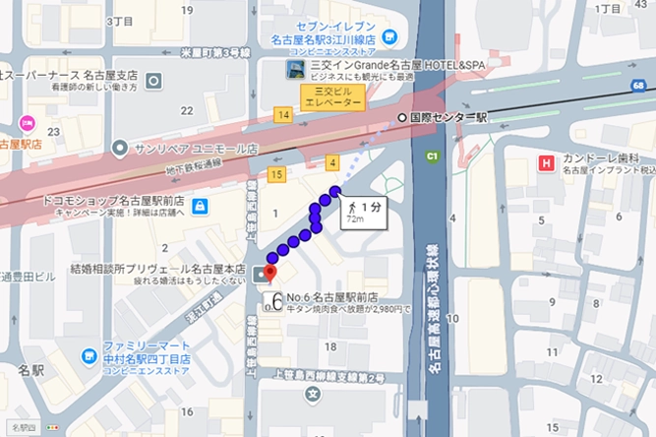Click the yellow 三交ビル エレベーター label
pos(332,96)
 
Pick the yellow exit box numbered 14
pos(283,116)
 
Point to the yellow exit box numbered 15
pos(275,175)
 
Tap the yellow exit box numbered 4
pos(333,162)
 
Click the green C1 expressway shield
pos(431,156)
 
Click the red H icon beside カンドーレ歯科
pos(544,160)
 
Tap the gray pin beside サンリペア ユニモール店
pos(120,149)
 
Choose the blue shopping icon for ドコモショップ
pos(200,206)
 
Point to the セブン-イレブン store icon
pos(389,36)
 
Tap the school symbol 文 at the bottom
pos(313,395)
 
